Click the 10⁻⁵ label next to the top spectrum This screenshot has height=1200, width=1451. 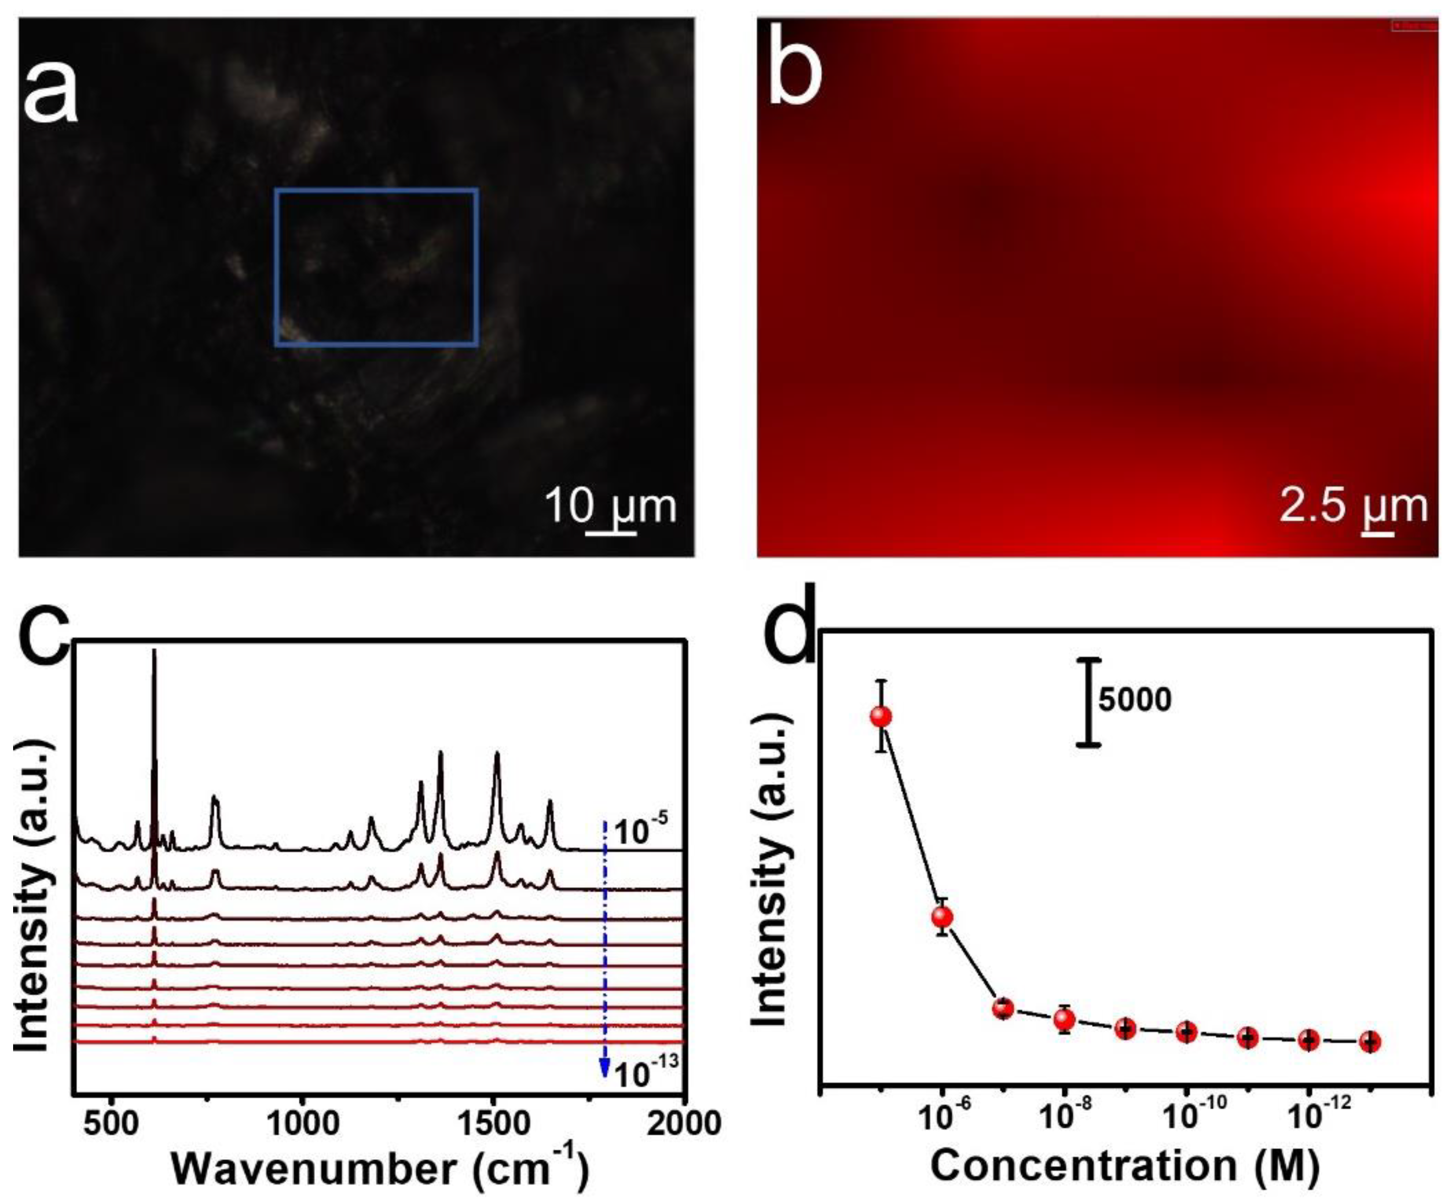(x=640, y=832)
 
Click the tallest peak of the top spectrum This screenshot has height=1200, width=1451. (x=154, y=653)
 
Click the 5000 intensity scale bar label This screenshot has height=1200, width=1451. (x=1135, y=700)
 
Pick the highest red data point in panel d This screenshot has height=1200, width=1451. (x=880, y=716)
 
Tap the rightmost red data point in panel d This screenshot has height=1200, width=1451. (x=1369, y=1041)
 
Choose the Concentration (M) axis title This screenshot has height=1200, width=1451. (x=1125, y=1166)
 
